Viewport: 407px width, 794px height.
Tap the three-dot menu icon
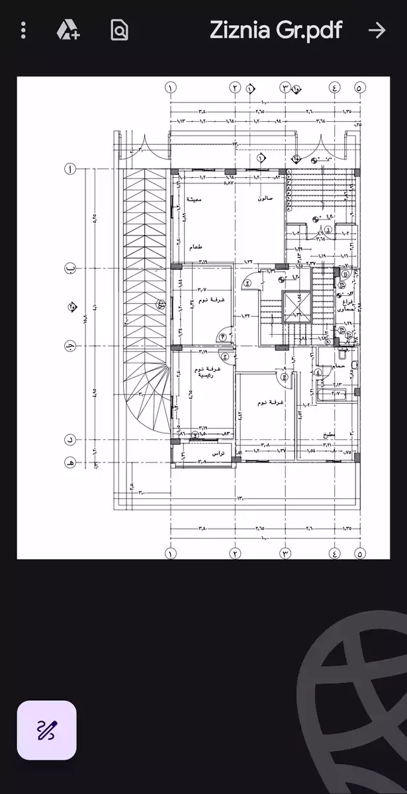coord(24,30)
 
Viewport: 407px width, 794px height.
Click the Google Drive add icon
coord(68,30)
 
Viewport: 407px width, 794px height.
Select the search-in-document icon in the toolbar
coord(120,30)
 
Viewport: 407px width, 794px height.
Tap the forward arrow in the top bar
coord(377,30)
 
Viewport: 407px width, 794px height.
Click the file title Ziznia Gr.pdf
coord(276,30)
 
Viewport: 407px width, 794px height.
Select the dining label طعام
coord(195,247)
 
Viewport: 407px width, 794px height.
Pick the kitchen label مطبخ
coord(329,435)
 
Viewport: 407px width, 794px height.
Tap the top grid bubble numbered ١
coord(171,87)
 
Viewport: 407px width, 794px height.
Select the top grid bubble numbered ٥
coord(359,87)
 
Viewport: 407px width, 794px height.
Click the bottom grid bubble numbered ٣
coord(285,553)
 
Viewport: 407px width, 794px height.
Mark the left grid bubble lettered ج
coord(69,347)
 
